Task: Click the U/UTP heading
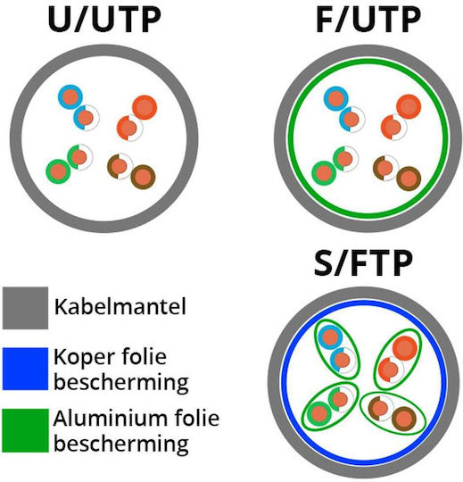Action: tap(104, 20)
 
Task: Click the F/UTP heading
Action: tap(368, 20)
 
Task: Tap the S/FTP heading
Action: tap(363, 262)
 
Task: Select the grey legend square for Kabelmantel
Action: tap(25, 308)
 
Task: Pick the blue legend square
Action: tap(25, 369)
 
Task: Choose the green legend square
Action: tap(25, 430)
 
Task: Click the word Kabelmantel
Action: tap(120, 306)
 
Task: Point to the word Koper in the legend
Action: tap(85, 357)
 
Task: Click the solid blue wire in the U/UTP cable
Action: tap(70, 96)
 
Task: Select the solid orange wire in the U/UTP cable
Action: tap(145, 107)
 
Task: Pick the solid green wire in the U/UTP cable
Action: tap(58, 171)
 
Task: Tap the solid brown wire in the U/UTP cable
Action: tap(143, 177)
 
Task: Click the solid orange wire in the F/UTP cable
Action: tap(409, 106)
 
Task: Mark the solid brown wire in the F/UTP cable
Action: tap(409, 179)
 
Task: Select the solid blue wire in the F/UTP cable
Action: tap(336, 99)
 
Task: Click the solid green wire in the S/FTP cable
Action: tap(318, 413)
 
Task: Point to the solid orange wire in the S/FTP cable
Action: tap(405, 348)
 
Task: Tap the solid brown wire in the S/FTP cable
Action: tap(404, 419)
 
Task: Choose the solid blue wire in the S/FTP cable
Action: tap(330, 337)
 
